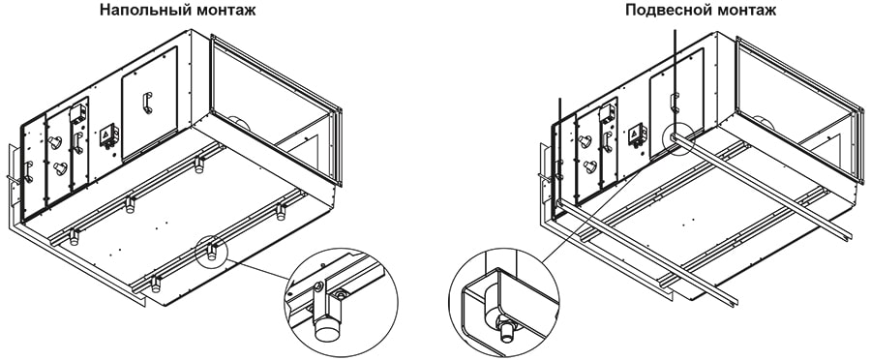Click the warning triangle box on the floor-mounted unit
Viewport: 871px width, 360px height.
click(106, 136)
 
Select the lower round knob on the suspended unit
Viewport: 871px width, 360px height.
click(590, 166)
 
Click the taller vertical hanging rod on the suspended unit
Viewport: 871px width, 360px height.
click(675, 83)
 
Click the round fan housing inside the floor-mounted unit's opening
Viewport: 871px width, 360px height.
click(239, 123)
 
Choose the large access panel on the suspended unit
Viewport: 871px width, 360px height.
click(677, 103)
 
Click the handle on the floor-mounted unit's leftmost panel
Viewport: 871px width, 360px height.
click(27, 171)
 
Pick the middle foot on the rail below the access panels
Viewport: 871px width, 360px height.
click(130, 205)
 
